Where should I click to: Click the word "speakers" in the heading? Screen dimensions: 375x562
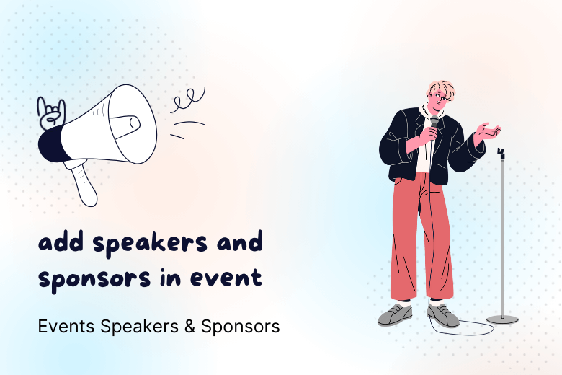tap(151, 244)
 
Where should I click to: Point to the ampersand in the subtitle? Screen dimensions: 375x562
tap(190, 327)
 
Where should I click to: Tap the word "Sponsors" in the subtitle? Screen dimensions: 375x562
tap(240, 327)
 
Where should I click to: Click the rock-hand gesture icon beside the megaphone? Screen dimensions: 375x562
tap(51, 113)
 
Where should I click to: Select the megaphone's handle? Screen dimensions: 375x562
tap(84, 183)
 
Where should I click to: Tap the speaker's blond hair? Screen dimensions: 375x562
tap(441, 90)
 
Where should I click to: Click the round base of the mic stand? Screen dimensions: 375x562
tap(502, 319)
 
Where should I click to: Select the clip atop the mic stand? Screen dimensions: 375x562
tap(501, 153)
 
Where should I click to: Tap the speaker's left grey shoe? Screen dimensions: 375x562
tap(395, 314)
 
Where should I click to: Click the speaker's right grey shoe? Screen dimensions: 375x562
tap(442, 314)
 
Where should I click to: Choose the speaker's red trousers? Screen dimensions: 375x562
tap(420, 238)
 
